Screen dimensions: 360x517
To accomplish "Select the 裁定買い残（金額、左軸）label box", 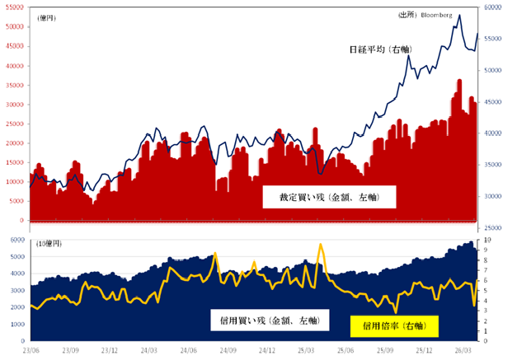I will pyautogui.click(x=329, y=197).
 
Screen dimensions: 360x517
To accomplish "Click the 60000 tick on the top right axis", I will pyautogui.click(x=494, y=7).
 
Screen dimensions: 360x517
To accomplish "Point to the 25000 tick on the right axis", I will pyautogui.click(x=494, y=227).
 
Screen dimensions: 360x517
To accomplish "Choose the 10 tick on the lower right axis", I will pyautogui.click(x=488, y=241).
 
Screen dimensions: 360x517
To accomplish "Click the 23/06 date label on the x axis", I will pyautogui.click(x=31, y=350).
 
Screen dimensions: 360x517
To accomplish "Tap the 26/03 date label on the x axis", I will pyautogui.click(x=463, y=350).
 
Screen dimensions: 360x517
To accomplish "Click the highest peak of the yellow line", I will pyautogui.click(x=320, y=245).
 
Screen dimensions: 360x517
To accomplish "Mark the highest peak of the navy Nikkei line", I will pyautogui.click(x=459, y=15).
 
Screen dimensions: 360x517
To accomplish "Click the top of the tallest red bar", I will pyautogui.click(x=459, y=80).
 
